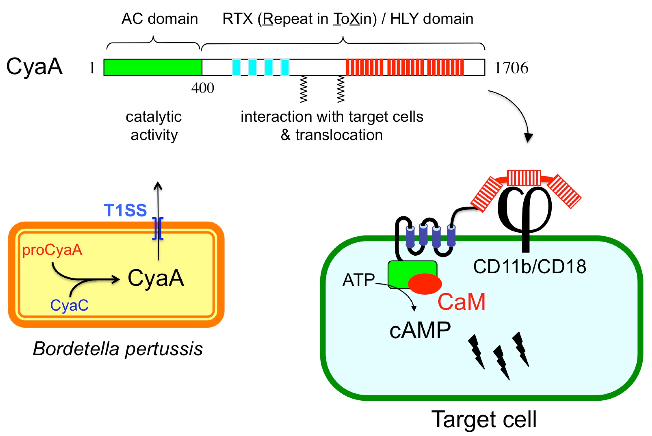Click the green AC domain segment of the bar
[153, 67]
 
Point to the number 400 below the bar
[203, 88]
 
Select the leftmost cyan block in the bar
[236, 67]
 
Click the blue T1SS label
[125, 210]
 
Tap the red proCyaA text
[52, 250]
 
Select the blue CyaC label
[69, 305]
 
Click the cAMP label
[420, 330]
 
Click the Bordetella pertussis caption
[118, 349]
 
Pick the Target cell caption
[484, 419]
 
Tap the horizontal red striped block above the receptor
[524, 178]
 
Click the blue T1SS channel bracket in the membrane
[158, 228]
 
